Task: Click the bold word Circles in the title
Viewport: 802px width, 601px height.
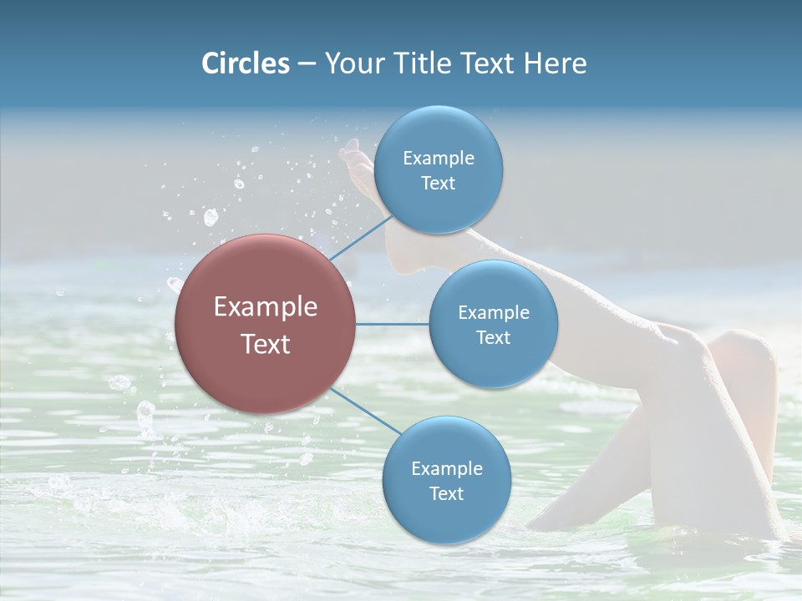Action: pyautogui.click(x=245, y=63)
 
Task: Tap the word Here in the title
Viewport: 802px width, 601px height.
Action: pyautogui.click(x=555, y=63)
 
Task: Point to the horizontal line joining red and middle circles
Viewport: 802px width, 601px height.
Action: pyautogui.click(x=393, y=324)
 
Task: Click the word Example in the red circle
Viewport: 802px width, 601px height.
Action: pyautogui.click(x=265, y=307)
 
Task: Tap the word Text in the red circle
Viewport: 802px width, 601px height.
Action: pyautogui.click(x=265, y=344)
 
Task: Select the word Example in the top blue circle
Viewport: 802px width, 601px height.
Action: pyautogui.click(x=438, y=159)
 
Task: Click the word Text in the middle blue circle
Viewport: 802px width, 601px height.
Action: pyautogui.click(x=493, y=337)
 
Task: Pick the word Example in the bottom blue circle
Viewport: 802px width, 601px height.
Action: pyautogui.click(x=446, y=469)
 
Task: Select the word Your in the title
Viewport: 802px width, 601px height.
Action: pyautogui.click(x=351, y=63)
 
